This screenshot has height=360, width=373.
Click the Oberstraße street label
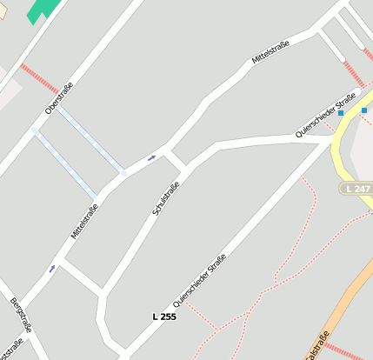(x=59, y=97)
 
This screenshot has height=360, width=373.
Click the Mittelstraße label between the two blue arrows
(x=84, y=221)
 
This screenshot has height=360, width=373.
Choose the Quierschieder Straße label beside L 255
(x=200, y=280)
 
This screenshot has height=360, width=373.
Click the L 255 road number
(x=163, y=317)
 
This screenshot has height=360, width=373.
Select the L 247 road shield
(x=357, y=189)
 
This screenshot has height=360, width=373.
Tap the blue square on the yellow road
(x=363, y=110)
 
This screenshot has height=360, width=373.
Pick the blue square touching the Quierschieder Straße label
(x=341, y=113)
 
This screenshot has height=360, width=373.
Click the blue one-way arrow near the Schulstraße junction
(x=151, y=157)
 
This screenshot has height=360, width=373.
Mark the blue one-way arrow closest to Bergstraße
(x=52, y=268)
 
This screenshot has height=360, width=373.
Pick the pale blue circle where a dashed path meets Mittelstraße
(x=124, y=174)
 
